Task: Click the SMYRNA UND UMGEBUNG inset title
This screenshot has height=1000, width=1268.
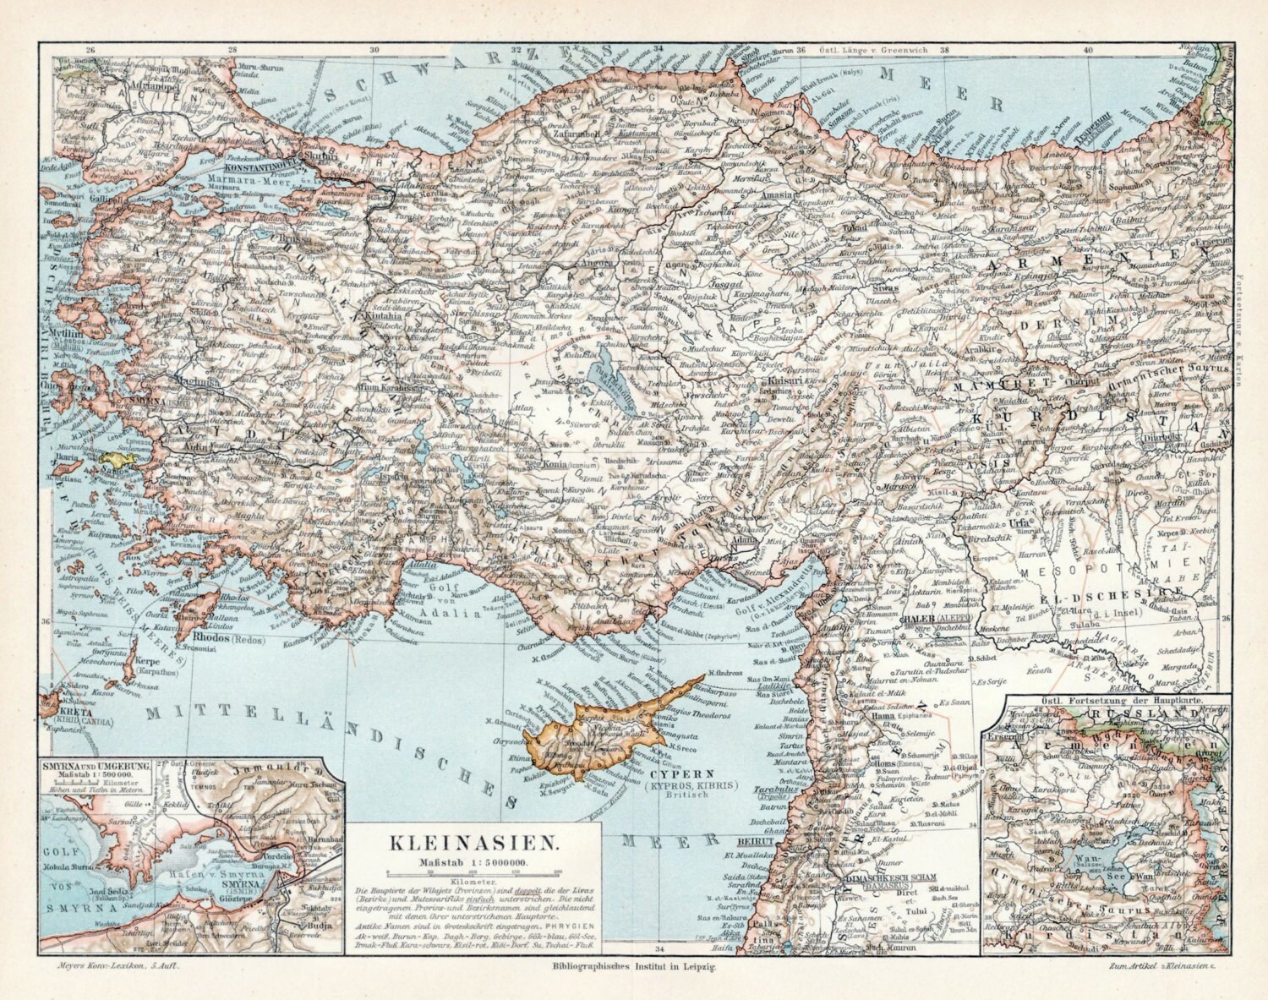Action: click(95, 765)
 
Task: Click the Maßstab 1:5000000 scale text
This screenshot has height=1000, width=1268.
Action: click(473, 862)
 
